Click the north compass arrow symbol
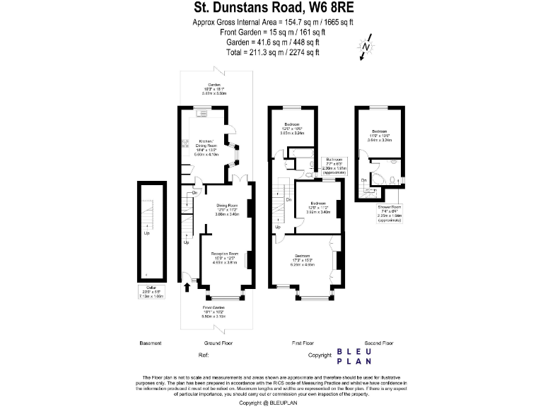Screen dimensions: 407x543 point(366,47)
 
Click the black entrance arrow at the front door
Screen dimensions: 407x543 point(187,286)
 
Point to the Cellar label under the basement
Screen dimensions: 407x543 point(151,293)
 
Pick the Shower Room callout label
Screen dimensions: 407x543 point(390,215)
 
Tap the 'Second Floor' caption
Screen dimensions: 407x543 point(378,343)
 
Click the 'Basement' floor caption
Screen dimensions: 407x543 point(151,343)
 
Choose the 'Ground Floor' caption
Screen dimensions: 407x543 point(217,343)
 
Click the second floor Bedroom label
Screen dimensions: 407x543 point(379,135)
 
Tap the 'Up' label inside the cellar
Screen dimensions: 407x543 point(147,233)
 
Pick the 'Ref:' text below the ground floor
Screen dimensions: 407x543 point(204,354)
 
